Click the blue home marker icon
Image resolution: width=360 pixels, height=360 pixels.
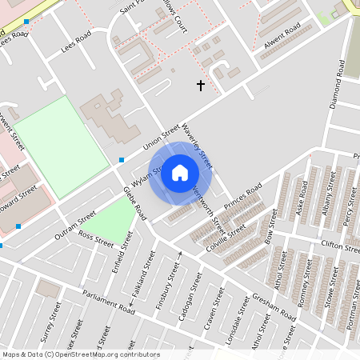pyautogui.click(x=180, y=173)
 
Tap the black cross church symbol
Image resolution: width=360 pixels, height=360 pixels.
pyautogui.click(x=200, y=84)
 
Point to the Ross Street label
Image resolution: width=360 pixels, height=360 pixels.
pyautogui.click(x=96, y=239)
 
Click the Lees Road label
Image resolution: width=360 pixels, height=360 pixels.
pyautogui.click(x=78, y=44)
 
